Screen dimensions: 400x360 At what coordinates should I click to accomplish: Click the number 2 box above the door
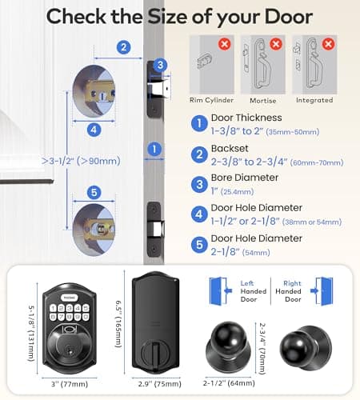coord(123,47)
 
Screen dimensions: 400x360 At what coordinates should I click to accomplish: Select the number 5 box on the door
coord(94,192)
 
